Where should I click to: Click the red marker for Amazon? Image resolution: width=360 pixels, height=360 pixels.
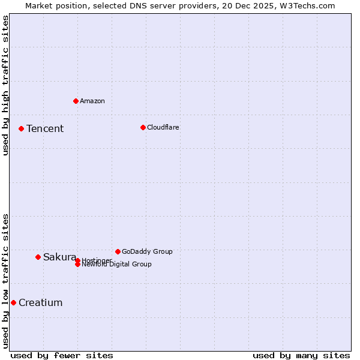coord(76,101)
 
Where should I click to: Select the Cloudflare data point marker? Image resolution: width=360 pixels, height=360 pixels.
coord(143,127)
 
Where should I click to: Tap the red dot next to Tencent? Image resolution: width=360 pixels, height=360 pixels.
coord(21,128)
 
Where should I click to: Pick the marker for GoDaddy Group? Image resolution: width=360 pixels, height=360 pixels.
coord(118,251)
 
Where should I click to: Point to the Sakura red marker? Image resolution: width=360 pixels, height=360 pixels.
coord(38,257)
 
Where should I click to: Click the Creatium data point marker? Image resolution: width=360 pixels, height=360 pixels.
coord(13,302)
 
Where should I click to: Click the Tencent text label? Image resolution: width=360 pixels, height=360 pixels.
coord(45,129)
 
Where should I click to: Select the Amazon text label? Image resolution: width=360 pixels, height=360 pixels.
coord(92,101)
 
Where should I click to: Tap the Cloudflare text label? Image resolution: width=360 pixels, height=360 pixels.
coord(163,127)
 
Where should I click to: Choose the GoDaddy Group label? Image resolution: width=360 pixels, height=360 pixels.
coord(147,251)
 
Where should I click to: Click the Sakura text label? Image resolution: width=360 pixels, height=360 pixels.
coord(59,257)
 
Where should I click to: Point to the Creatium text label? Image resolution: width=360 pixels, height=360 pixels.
coord(41,303)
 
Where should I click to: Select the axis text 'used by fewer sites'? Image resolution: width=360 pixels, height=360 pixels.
coord(62,355)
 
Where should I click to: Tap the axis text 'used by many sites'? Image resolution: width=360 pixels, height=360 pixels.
coord(301,355)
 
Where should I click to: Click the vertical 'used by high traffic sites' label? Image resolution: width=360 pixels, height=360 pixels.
coord(6,85)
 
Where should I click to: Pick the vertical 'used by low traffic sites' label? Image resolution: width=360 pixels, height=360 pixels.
coord(6,281)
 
